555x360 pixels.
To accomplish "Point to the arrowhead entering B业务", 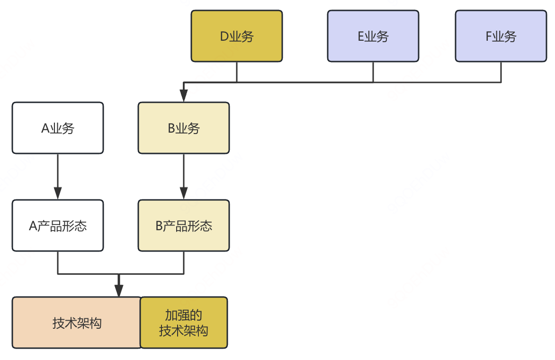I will (x=184, y=97).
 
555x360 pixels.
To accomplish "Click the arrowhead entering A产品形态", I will (x=58, y=194).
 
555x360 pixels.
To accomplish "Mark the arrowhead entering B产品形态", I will (x=184, y=194).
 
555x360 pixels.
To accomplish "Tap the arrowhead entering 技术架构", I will (x=119, y=291).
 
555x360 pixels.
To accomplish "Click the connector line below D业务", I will (x=237, y=72).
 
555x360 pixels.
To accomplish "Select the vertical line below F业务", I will (x=501, y=72).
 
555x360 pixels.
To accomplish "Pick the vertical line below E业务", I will (x=373, y=72).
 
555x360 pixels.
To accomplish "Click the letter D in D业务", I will (x=224, y=36).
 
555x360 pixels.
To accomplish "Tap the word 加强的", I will (x=184, y=315).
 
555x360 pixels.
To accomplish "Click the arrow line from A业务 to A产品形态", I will (x=58, y=171).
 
